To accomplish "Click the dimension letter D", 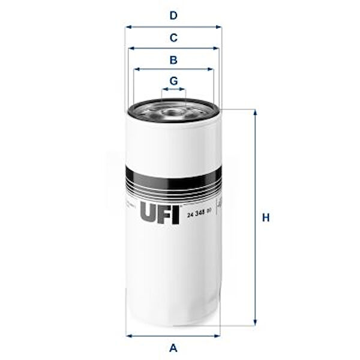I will point(173,15).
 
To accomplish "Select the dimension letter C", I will point(173,38).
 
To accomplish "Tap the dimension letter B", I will point(173,59).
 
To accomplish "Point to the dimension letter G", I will point(173,80).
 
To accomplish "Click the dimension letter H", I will point(266,217).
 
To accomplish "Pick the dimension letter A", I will point(173,347).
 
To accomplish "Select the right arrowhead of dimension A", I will point(219,335).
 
